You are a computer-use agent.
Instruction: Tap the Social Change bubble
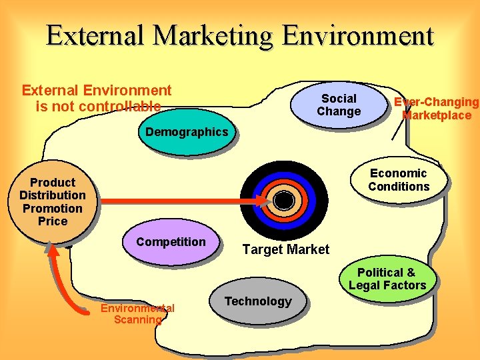339,105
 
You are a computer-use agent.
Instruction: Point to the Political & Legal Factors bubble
387,279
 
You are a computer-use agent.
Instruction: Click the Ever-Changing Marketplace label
436,109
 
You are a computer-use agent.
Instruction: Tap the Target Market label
285,249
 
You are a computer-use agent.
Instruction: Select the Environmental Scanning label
137,313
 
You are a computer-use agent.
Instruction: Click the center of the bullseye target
283,200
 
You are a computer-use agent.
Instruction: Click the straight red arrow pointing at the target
180,200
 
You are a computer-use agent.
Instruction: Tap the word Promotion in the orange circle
53,208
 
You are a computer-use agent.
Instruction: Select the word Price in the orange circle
53,221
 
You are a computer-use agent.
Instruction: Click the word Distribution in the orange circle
53,195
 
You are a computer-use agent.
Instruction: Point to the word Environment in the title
357,35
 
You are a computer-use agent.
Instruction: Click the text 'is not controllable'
98,106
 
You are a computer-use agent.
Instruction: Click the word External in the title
94,35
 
